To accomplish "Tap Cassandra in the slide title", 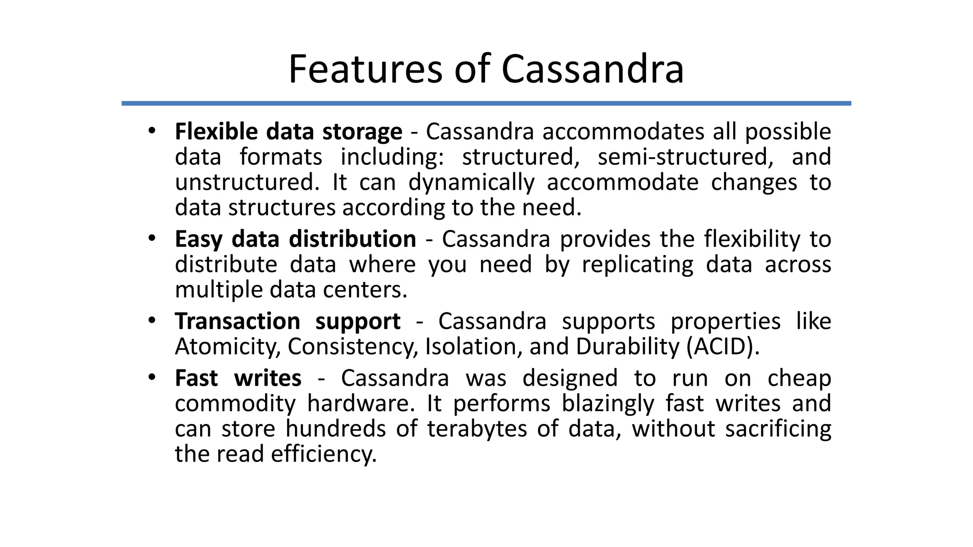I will (592, 69).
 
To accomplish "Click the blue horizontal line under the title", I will (486, 103).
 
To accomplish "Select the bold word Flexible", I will (216, 132).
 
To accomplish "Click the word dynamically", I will (471, 183).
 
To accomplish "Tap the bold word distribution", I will (353, 239).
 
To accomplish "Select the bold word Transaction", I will (237, 321).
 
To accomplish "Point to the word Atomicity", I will (226, 347).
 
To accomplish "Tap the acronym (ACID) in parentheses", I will (723, 347).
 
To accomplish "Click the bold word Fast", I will (196, 378).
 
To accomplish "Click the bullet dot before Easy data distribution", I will (152, 238).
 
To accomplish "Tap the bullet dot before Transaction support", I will (152, 320).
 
